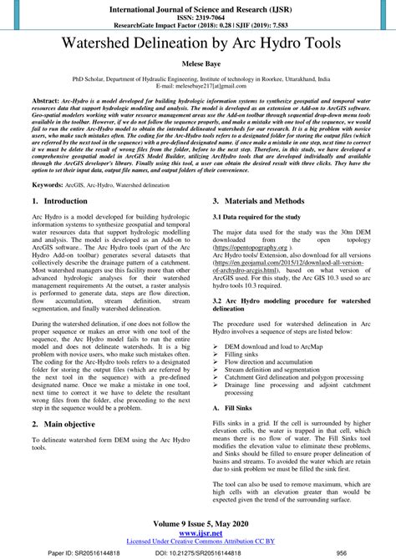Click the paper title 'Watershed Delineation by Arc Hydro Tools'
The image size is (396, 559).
tap(197, 41)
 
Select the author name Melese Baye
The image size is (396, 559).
tap(197, 63)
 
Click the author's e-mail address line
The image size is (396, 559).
tap(197, 85)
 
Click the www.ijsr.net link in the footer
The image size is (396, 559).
tap(197, 534)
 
